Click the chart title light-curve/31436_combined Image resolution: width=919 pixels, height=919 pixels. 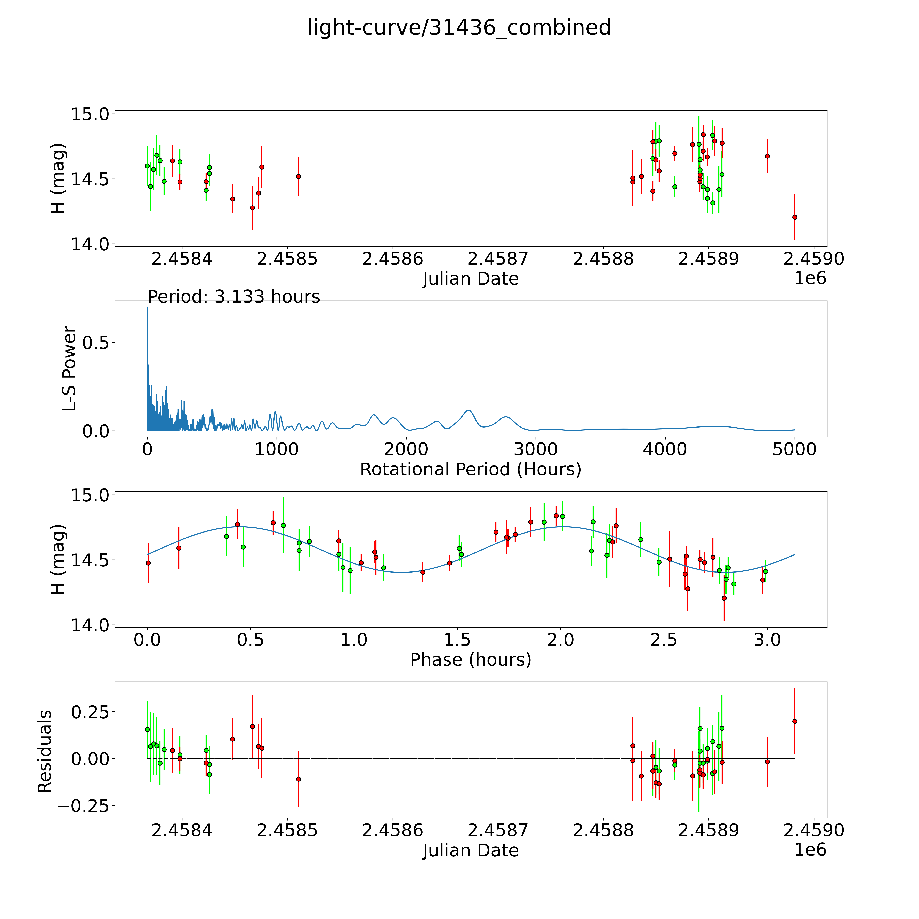pyautogui.click(x=459, y=28)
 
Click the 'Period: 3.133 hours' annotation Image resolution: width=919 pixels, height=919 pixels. pyautogui.click(x=233, y=297)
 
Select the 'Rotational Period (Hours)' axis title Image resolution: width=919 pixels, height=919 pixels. pyautogui.click(x=470, y=470)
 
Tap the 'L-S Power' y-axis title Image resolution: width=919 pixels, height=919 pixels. pyautogui.click(x=69, y=369)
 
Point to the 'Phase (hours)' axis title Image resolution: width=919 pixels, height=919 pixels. pyautogui.click(x=470, y=660)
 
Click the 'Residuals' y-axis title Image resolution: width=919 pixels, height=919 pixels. pyautogui.click(x=45, y=752)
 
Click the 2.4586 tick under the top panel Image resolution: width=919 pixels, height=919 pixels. pyautogui.click(x=392, y=259)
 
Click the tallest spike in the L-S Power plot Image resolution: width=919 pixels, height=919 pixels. pyautogui.click(x=147, y=308)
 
